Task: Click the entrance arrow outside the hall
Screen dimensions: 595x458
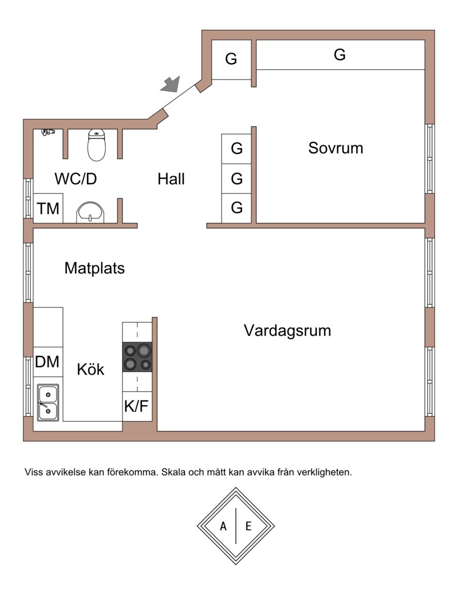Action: (x=170, y=85)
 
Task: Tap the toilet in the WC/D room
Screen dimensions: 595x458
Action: (x=97, y=145)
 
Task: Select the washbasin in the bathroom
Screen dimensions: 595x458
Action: (x=90, y=211)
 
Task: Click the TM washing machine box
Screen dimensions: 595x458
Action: (x=48, y=209)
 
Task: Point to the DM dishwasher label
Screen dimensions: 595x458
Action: (x=48, y=362)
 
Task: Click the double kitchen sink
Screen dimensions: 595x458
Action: (x=48, y=403)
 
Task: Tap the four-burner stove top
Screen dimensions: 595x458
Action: (x=137, y=357)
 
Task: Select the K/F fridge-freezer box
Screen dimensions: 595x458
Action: (x=137, y=406)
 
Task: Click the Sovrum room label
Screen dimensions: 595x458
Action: (x=335, y=148)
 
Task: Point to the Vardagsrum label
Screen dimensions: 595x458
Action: (x=287, y=331)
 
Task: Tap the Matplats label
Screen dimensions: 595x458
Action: (x=94, y=268)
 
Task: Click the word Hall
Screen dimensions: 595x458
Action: (x=171, y=179)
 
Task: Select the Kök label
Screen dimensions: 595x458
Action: (x=91, y=370)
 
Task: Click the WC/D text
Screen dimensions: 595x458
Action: (x=76, y=179)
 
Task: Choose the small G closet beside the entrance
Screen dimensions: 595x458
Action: (x=231, y=59)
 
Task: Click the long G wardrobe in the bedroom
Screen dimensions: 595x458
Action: (x=339, y=55)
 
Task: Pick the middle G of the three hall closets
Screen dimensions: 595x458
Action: (x=236, y=179)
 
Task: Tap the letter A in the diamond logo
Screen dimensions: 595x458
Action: (x=223, y=526)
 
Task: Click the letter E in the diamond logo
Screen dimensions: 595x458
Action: (x=248, y=526)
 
